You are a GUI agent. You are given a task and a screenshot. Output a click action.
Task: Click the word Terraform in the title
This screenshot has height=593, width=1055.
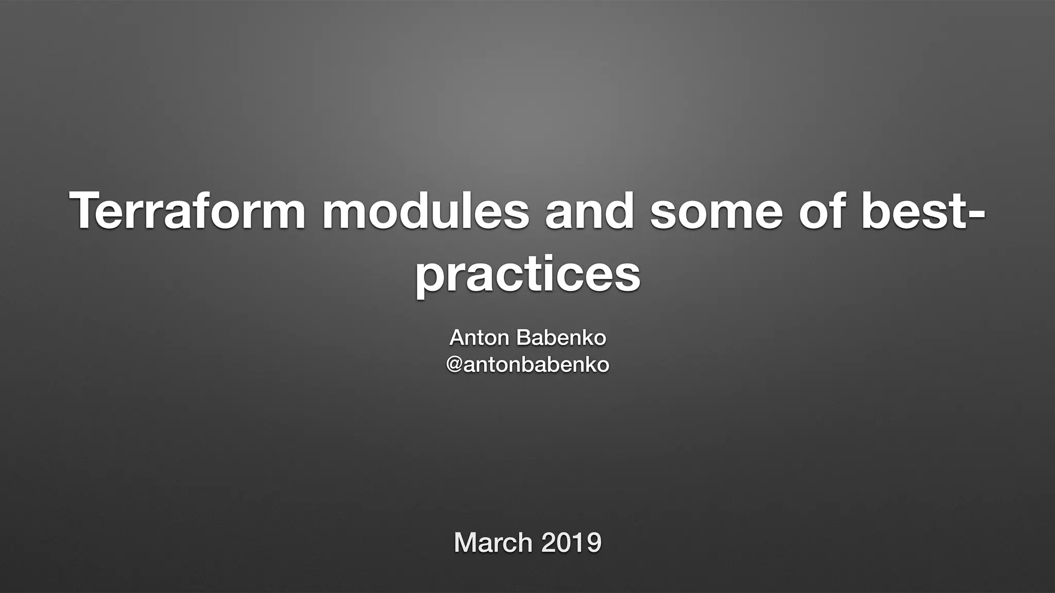point(188,211)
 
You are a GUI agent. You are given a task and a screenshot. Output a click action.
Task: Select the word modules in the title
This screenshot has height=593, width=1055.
point(426,211)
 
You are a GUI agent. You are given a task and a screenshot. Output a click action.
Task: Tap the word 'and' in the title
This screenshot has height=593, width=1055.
point(589,211)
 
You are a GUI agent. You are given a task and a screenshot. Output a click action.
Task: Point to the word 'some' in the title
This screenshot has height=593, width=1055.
point(716,211)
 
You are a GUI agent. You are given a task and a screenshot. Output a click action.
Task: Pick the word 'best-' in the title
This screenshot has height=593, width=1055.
point(922,211)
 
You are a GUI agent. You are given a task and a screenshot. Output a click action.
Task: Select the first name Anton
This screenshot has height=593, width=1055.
point(479,338)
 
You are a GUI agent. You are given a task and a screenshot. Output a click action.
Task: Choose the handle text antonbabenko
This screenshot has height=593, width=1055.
point(536,365)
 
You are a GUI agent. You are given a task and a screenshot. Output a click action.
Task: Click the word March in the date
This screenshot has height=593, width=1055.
point(493,543)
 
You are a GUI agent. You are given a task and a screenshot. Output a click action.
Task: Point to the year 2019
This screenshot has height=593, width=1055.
point(571,543)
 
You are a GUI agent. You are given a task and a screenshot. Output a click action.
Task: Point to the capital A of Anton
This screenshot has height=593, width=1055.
point(457,338)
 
